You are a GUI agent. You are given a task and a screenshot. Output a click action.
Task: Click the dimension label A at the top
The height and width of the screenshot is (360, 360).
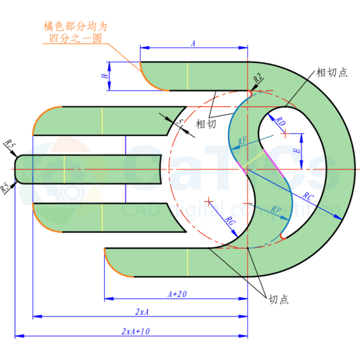point(193,43)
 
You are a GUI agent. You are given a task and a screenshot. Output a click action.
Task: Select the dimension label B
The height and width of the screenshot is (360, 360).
point(105,76)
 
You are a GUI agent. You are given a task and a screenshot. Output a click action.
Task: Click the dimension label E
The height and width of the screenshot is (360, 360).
point(298,150)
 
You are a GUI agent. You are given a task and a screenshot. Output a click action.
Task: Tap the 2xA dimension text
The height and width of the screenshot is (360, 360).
point(142,312)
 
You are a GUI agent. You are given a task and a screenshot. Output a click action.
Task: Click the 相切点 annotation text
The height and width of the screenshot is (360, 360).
point(331,73)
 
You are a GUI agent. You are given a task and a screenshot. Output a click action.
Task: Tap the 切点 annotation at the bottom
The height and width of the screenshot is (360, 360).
point(279,300)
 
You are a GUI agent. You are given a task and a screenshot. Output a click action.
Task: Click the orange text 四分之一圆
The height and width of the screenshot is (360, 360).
point(75,38)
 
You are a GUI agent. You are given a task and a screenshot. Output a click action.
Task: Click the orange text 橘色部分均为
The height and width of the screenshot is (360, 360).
point(75,26)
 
